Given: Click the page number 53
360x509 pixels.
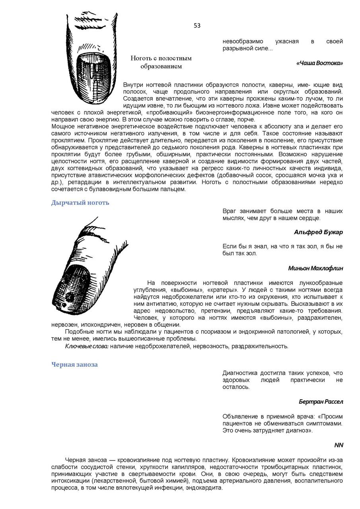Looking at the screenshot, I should coord(197,26).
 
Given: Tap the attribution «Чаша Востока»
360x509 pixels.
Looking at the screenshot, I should coord(319,63).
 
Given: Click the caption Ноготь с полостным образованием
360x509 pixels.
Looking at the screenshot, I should coord(161,62).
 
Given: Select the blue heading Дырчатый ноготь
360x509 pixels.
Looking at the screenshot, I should coord(80,203).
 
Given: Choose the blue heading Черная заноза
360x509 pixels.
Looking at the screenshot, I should coord(74,365).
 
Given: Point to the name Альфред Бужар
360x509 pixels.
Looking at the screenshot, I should coord(318,232).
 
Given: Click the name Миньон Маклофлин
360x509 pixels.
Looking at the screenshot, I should coord(315,268).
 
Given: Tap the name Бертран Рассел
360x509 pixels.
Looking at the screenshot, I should coord(321,402).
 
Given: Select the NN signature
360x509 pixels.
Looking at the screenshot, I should coord(339,445).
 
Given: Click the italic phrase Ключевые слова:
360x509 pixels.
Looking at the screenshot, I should coord(87,346).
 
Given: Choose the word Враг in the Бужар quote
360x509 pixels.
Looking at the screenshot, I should coord(230,211).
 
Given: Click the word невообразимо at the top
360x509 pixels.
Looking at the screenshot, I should coord(243,41).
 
